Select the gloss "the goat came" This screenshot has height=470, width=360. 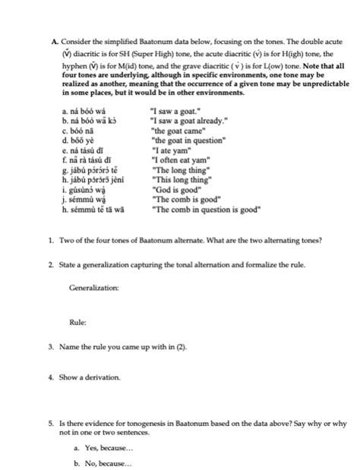coord(172,131)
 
